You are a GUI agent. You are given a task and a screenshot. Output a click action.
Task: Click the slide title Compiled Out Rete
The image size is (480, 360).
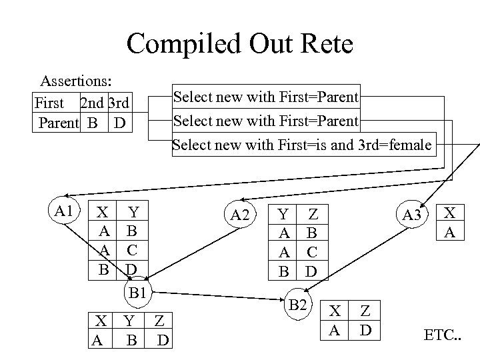pos(239,44)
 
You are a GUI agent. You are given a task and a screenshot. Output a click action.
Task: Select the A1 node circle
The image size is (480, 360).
pos(65,212)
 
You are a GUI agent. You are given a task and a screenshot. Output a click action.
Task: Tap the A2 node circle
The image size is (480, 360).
pos(239,214)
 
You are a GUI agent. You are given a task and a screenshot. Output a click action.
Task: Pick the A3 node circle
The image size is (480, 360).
pos(412,214)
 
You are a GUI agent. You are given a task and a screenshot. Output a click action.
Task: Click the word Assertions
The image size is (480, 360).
pos(75,81)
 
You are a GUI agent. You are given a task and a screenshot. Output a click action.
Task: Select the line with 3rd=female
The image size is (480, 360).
pos(302,145)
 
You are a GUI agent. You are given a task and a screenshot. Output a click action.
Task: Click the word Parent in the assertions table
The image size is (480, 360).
pos(59,123)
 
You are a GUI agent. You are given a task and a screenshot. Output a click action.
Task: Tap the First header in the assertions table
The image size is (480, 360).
pos(49,103)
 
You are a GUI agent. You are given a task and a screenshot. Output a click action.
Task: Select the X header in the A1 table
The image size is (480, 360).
pos(103,213)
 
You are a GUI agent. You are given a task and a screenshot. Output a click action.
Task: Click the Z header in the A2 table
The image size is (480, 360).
pos(311,214)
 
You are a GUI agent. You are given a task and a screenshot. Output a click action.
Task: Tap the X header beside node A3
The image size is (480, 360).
pos(451,213)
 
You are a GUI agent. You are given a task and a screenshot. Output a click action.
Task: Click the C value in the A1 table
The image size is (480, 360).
pos(132,250)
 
